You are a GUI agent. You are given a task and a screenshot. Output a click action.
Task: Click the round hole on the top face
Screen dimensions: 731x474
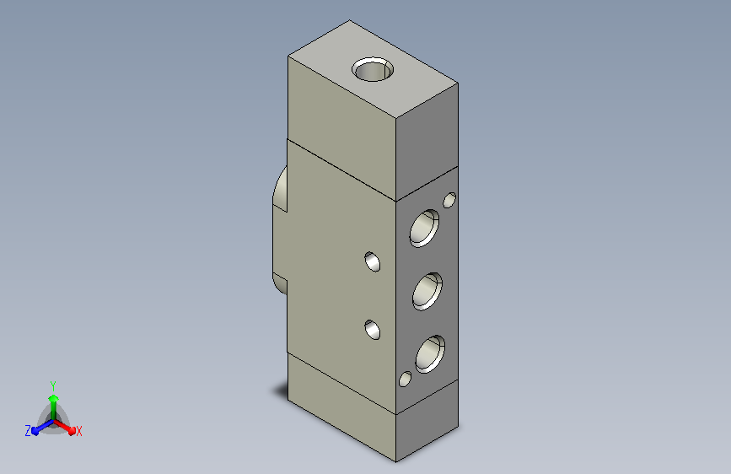click(372, 69)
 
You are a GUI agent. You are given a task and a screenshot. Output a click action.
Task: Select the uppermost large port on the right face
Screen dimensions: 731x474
click(424, 228)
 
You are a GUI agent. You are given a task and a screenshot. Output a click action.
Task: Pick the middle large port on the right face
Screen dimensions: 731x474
click(427, 292)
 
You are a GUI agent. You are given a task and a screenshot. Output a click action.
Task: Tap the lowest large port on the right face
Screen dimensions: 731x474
click(430, 354)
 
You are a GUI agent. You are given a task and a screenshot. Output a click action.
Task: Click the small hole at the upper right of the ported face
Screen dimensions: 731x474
click(449, 200)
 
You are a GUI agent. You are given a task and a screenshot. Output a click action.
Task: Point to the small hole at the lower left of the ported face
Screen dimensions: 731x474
click(405, 379)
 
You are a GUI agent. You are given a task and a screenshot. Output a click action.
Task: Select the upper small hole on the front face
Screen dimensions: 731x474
click(372, 261)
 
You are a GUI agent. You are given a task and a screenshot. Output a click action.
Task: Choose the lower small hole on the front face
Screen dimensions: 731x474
click(372, 330)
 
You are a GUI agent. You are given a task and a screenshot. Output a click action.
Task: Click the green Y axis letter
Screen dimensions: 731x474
click(53, 385)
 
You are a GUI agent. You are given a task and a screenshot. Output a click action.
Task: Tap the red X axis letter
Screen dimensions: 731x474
click(78, 431)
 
